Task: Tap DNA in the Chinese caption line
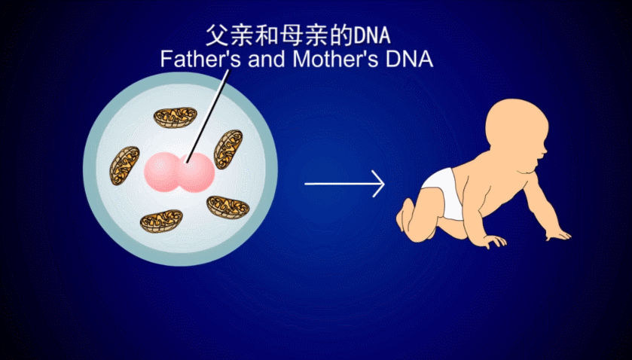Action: (x=375, y=35)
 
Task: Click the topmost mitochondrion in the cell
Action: (x=176, y=117)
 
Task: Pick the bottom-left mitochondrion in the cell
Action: (x=161, y=221)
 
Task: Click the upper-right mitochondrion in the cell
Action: (x=227, y=149)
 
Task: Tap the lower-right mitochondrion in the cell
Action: (x=227, y=206)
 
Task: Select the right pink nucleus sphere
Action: (x=195, y=173)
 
